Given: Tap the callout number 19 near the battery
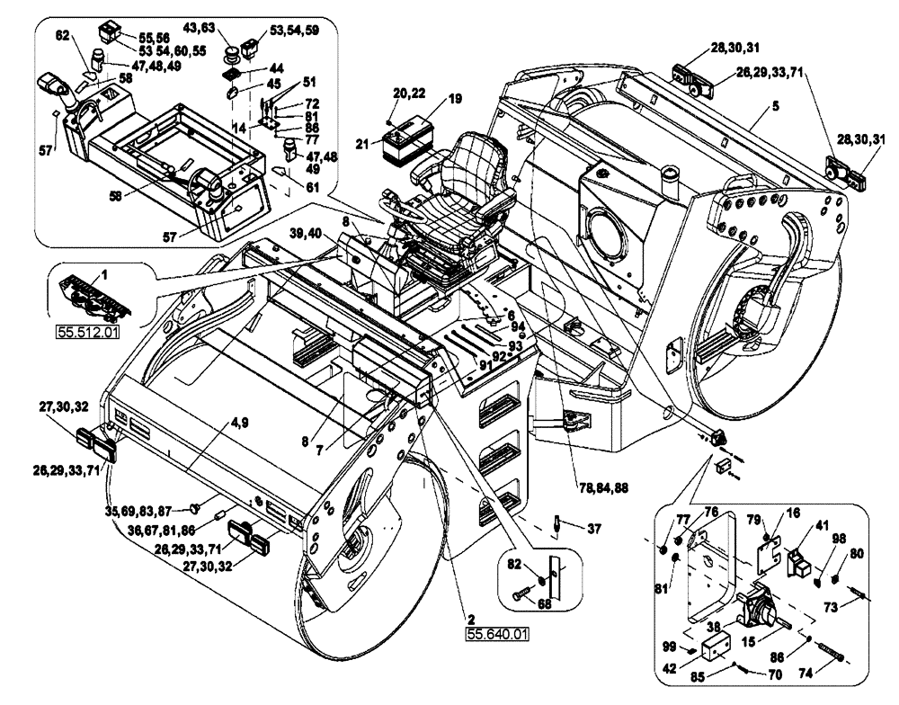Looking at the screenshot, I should (x=455, y=98).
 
